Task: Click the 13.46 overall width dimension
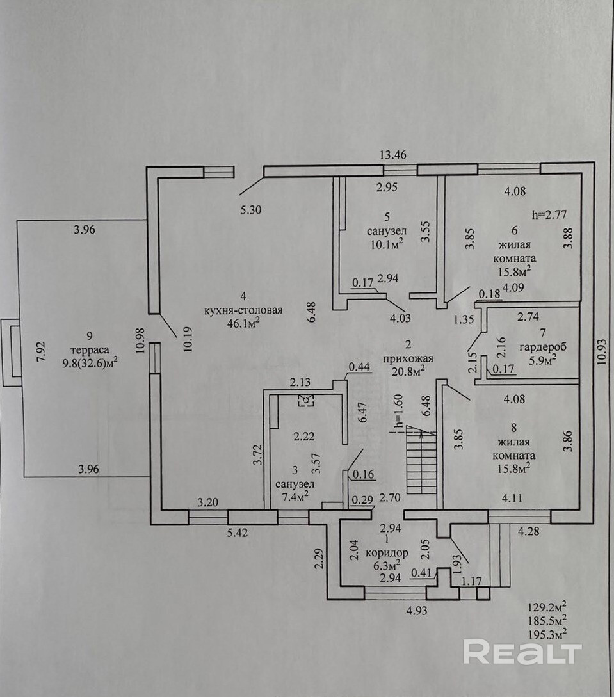(393, 155)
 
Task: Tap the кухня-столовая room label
(243, 310)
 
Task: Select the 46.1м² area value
(244, 323)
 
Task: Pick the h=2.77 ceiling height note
(549, 214)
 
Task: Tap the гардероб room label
(543, 347)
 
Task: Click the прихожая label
(408, 358)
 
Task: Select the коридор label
(387, 553)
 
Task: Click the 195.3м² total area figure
(547, 633)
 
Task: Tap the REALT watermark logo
(522, 652)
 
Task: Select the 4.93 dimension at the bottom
(417, 611)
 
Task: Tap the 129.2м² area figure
(547, 606)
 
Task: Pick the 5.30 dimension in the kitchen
(251, 210)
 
